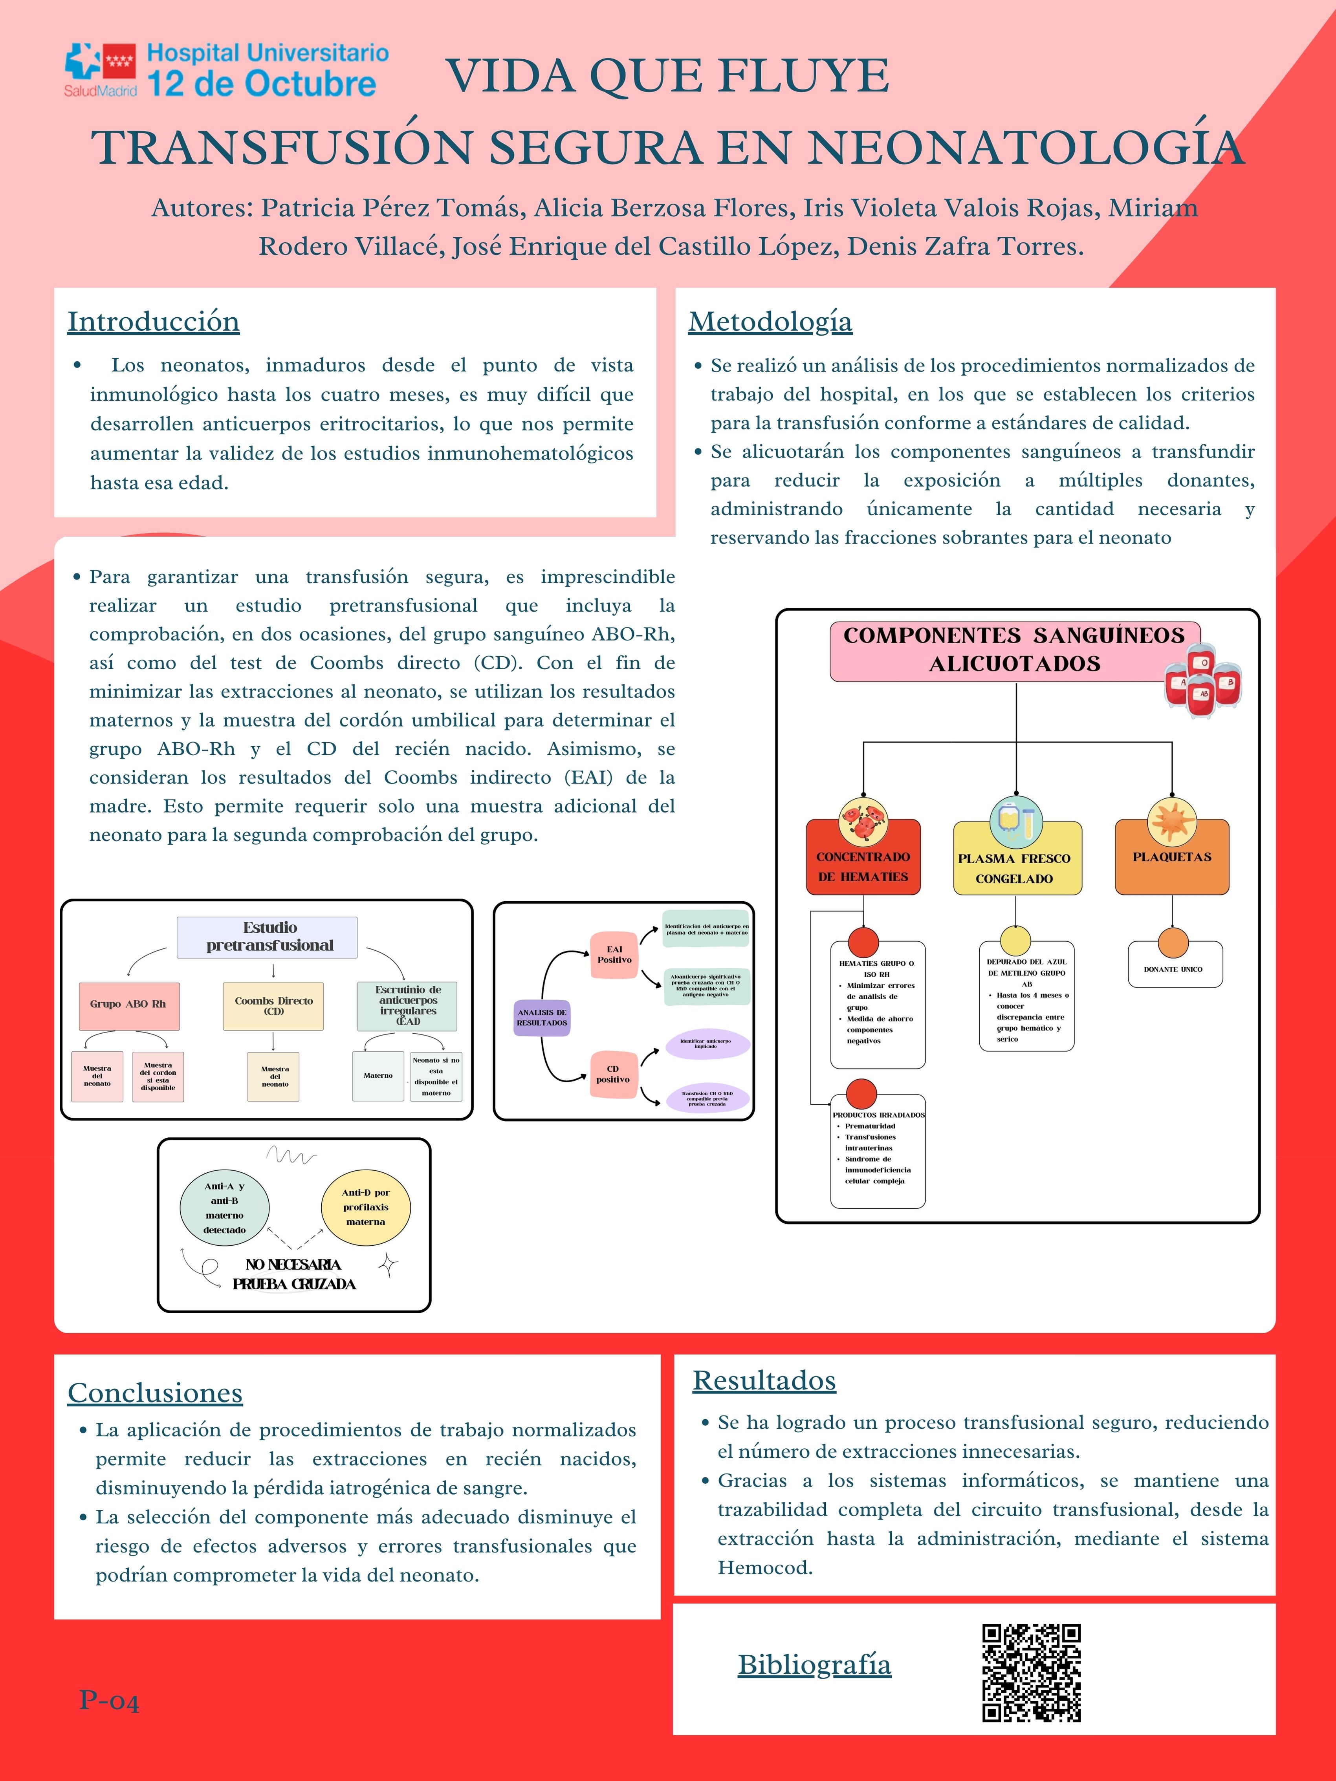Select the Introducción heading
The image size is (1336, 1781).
click(153, 321)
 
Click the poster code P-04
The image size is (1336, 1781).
click(109, 1700)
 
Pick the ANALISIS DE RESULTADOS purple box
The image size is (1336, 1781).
click(542, 1018)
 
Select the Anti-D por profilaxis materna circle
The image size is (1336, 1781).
click(366, 1207)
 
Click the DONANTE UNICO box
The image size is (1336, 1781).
click(1174, 968)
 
